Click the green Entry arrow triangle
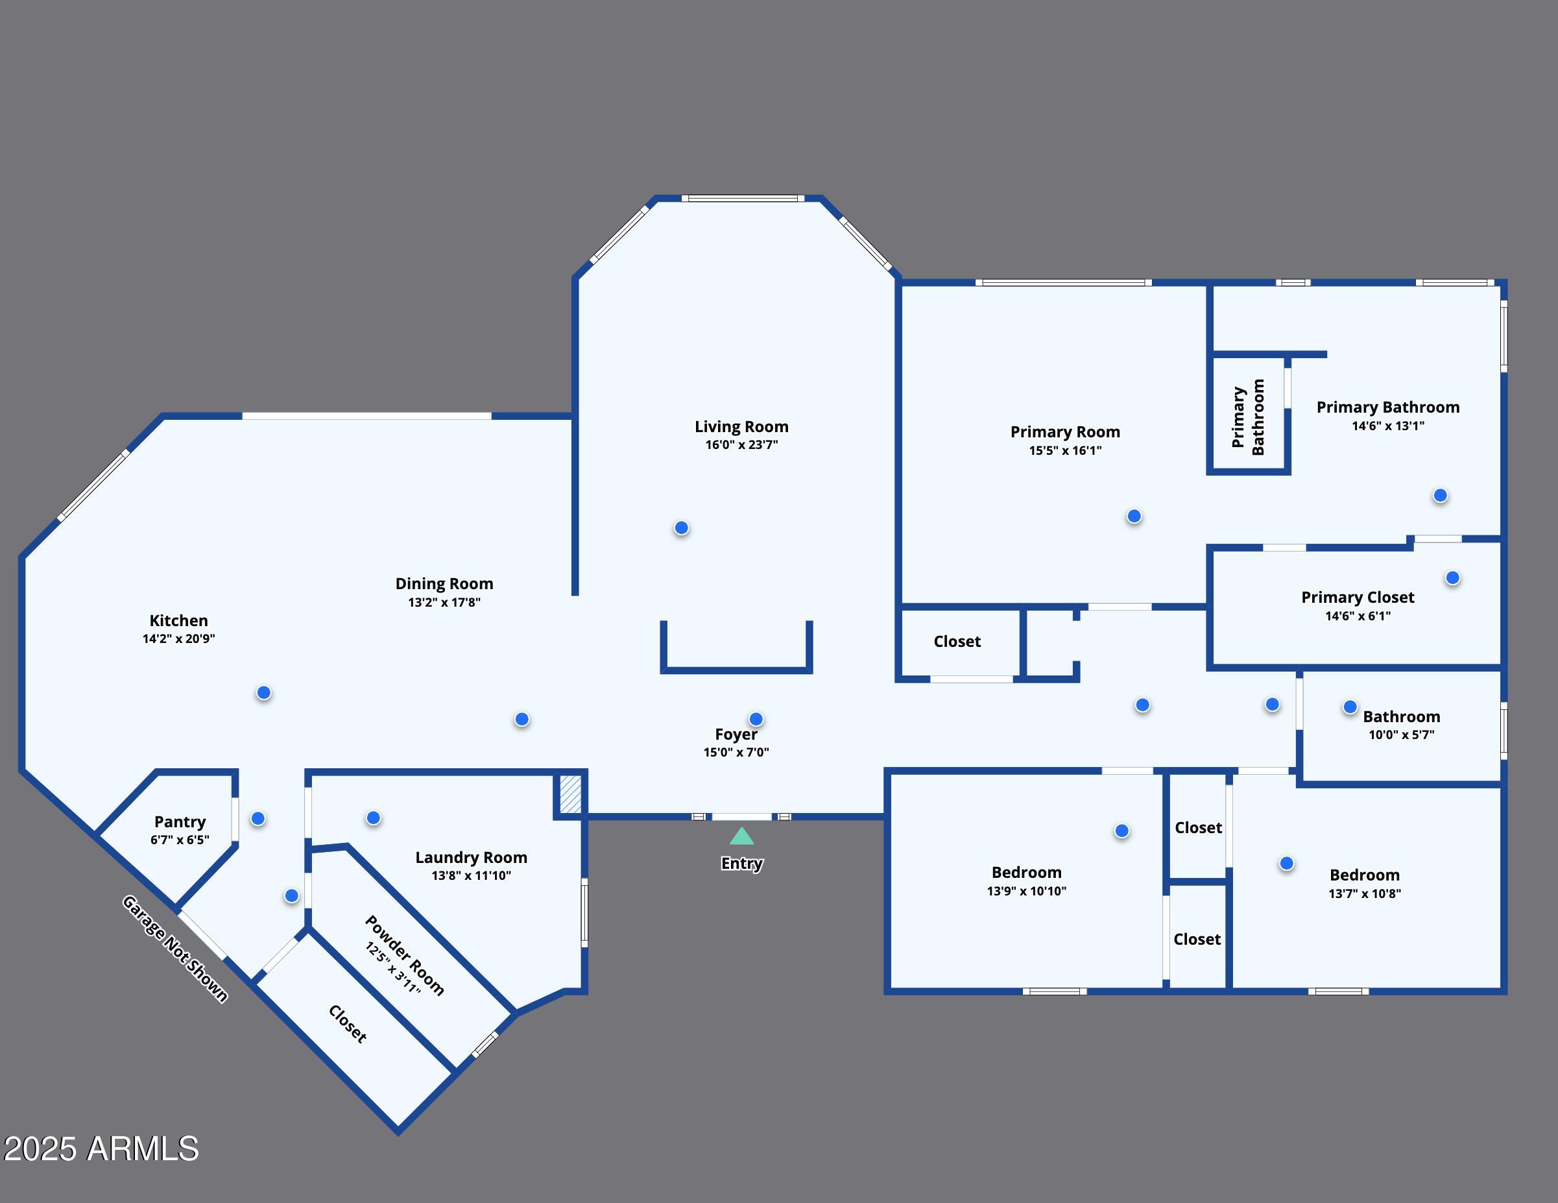(x=741, y=836)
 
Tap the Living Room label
(x=741, y=427)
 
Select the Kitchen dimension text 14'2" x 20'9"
(x=178, y=638)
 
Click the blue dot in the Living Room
(x=681, y=528)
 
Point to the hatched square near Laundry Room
(x=570, y=794)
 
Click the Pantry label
(x=180, y=822)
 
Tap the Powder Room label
(x=405, y=955)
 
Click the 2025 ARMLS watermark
(x=101, y=1148)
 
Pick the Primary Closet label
(x=1357, y=597)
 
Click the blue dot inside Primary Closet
(x=1452, y=578)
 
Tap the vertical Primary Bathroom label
(x=1248, y=417)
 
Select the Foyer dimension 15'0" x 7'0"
(x=736, y=752)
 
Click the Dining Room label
(x=444, y=584)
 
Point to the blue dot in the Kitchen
(x=263, y=693)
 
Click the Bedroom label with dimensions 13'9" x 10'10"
(x=1026, y=872)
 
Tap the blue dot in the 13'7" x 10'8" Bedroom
(x=1286, y=864)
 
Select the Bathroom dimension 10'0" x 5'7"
(x=1400, y=735)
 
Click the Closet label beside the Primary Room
(x=957, y=642)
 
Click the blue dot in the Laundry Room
(x=373, y=818)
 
